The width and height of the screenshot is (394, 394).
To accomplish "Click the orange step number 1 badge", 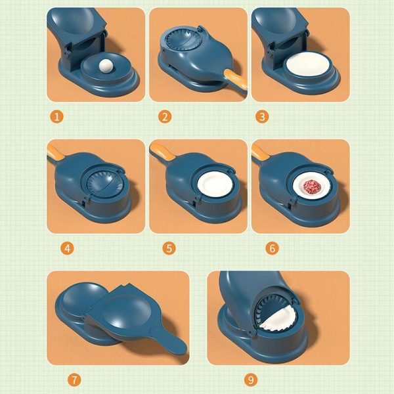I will click(x=57, y=117).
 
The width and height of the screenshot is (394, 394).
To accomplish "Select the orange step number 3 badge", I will click(x=263, y=117).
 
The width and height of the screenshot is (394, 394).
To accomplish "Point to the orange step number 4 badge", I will click(x=66, y=248).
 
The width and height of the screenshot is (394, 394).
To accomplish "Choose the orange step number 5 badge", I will click(x=169, y=248).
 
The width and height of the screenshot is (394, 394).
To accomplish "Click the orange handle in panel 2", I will click(x=234, y=79).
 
